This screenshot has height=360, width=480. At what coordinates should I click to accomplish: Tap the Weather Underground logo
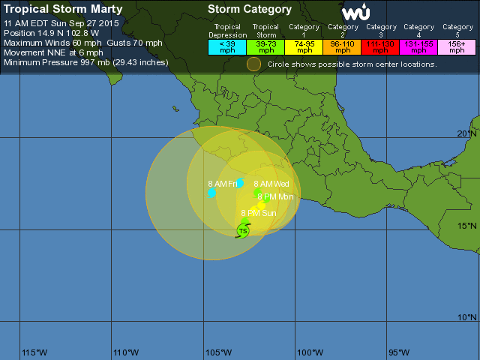pos(355,13)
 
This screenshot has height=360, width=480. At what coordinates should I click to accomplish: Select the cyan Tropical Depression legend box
pos(226,46)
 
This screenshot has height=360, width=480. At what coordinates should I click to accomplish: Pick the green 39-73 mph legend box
pos(266,46)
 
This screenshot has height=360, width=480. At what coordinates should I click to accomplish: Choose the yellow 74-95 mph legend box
pos(304,46)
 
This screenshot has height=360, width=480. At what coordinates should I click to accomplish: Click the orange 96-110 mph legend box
pos(343,46)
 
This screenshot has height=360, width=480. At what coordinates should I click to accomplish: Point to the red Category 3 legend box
pos(381,46)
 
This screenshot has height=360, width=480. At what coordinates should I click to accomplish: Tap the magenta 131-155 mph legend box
pos(418,46)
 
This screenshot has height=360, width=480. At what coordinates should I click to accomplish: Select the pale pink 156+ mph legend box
pos(457,46)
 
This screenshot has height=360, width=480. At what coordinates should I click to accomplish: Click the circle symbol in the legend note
pos(254,64)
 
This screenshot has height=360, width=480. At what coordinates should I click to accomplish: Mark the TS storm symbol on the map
pos(243,230)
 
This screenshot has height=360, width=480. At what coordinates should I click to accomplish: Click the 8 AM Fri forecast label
pos(222,184)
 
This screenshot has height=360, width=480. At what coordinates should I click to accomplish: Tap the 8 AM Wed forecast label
pos(271,184)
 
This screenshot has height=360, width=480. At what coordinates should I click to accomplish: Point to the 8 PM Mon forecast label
pos(275,196)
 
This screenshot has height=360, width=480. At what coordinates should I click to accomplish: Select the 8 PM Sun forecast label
pos(258,213)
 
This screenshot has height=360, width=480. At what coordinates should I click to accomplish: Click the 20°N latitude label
pos(466,133)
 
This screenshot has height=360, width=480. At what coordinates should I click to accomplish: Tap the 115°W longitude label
pos(34,352)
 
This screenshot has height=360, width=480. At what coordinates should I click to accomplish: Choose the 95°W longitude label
pos(398,352)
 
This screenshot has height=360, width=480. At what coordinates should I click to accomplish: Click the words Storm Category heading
pos(249,10)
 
